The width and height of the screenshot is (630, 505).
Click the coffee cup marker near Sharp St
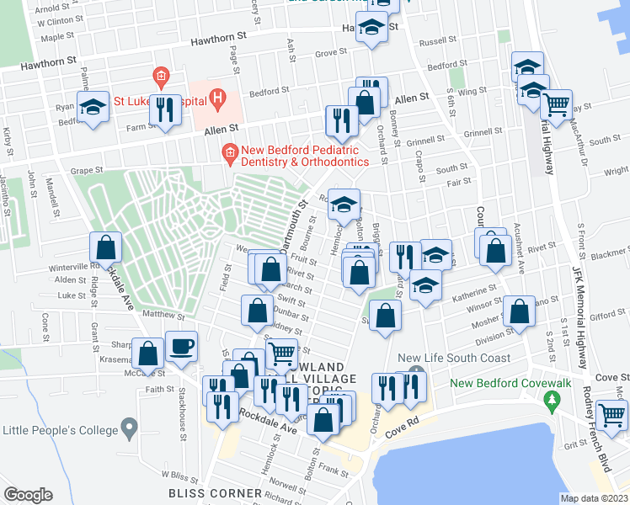[180, 346]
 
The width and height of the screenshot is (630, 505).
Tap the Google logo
[28, 494]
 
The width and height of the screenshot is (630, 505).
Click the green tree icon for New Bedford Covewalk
[553, 402]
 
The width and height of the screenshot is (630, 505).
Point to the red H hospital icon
[218, 98]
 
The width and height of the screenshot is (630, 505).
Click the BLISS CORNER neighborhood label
[214, 492]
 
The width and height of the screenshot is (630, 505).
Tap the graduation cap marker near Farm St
[93, 108]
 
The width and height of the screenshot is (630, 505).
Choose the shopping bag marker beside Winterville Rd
[105, 248]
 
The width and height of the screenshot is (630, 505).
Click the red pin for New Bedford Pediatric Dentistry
[227, 151]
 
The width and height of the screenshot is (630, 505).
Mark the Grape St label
[86, 170]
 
